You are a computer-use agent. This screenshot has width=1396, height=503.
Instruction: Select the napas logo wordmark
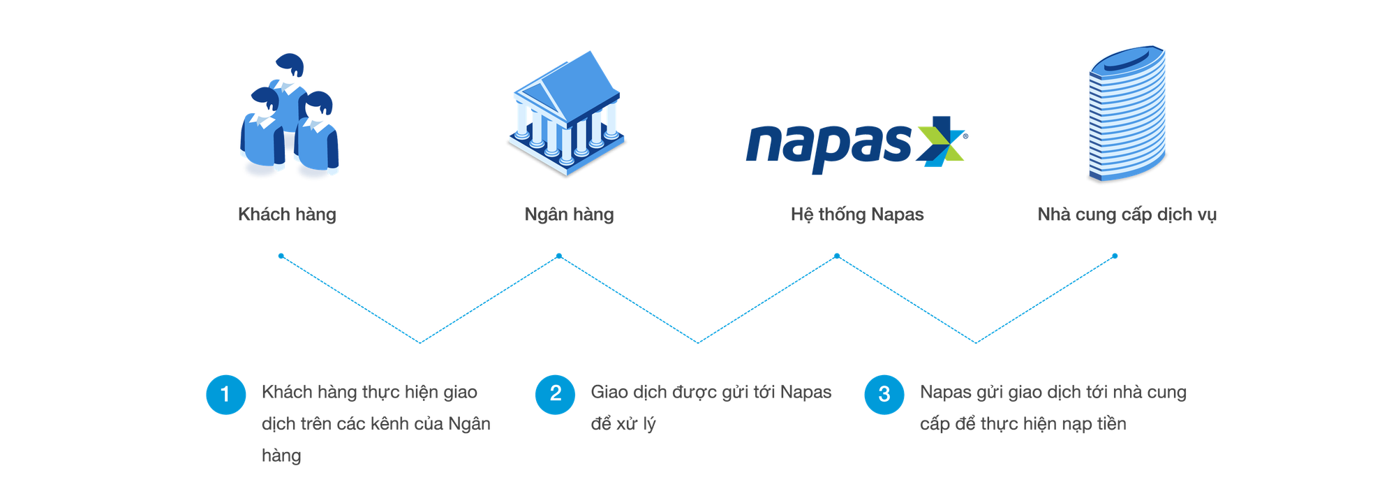[829, 147]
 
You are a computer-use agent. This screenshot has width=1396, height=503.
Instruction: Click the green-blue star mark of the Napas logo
[942, 142]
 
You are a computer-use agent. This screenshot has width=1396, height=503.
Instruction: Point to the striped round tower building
[1127, 114]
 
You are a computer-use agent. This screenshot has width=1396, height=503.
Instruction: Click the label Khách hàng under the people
[287, 214]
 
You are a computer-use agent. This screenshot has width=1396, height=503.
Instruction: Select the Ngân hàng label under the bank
[569, 214]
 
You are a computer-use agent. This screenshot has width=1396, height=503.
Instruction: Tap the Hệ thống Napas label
[857, 214]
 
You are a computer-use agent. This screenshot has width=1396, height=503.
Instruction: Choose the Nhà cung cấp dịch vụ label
[1127, 214]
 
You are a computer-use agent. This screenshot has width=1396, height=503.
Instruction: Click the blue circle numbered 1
[225, 394]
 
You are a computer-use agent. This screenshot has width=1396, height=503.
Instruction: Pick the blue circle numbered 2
[555, 394]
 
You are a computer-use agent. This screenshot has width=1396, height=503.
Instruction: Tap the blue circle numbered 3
[884, 394]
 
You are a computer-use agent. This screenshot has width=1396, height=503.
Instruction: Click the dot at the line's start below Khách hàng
[281, 256]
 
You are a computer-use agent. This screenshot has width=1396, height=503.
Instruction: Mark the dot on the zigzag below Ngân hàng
[558, 256]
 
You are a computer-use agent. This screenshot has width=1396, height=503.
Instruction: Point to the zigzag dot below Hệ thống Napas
[837, 256]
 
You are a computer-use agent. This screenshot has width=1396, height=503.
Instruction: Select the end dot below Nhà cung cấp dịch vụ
[1115, 256]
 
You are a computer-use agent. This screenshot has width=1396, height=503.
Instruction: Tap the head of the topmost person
[290, 64]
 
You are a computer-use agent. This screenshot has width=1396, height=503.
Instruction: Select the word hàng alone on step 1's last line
[281, 456]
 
